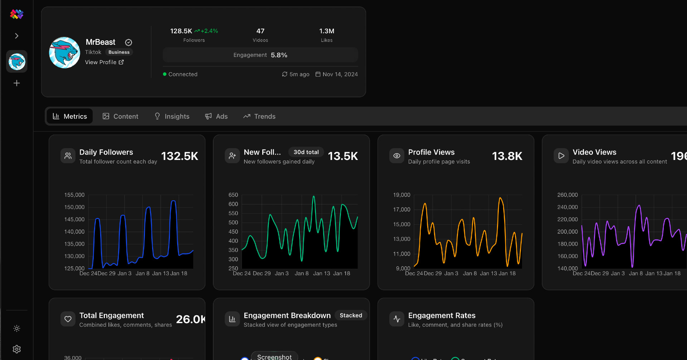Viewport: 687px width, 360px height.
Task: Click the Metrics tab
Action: point(70,116)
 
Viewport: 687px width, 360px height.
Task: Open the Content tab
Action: point(121,116)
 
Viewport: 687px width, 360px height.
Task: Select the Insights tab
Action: point(172,116)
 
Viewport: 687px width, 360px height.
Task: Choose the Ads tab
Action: point(216,116)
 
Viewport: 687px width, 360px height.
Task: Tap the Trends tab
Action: point(259,116)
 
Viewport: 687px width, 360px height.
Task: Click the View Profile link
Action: point(104,62)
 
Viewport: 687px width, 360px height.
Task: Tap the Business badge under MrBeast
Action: point(119,52)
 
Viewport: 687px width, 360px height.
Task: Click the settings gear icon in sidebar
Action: point(17,349)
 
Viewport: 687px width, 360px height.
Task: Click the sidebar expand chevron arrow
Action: point(17,36)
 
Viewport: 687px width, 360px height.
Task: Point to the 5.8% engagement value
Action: point(279,55)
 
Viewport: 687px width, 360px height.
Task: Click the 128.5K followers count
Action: point(181,31)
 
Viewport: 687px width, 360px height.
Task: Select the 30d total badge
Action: point(306,152)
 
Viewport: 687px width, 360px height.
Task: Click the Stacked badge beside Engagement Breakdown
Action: point(351,315)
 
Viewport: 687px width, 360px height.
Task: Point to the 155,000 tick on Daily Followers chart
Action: point(74,195)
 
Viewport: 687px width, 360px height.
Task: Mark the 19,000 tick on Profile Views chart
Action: point(401,195)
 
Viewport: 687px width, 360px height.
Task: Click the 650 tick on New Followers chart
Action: point(233,195)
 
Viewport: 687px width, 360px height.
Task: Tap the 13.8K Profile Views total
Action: point(507,156)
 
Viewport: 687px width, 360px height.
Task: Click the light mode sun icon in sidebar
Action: point(17,329)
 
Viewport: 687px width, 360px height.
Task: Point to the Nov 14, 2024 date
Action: point(340,74)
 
